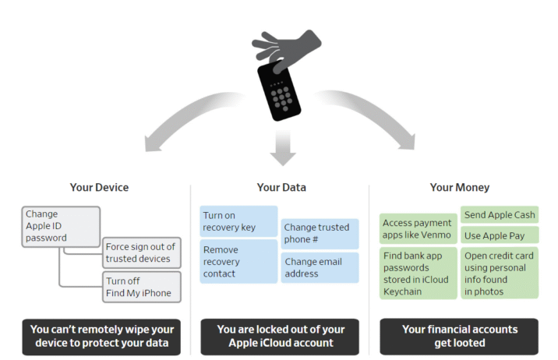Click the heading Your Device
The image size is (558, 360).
(99, 187)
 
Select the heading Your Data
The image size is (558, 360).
(281, 187)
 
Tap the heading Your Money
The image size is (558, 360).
(459, 187)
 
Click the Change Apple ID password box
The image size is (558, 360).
(61, 225)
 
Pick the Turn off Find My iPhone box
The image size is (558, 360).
(141, 288)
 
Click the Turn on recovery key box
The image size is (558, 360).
(238, 221)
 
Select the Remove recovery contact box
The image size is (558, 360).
(238, 262)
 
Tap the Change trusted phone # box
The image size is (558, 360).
(320, 233)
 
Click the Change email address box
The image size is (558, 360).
(320, 268)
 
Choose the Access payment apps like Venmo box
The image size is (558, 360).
(418, 228)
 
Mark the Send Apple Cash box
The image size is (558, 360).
(500, 214)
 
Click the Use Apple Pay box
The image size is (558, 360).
(500, 235)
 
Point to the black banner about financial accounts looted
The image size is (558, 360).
(459, 336)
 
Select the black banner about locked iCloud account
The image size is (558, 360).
(280, 336)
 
